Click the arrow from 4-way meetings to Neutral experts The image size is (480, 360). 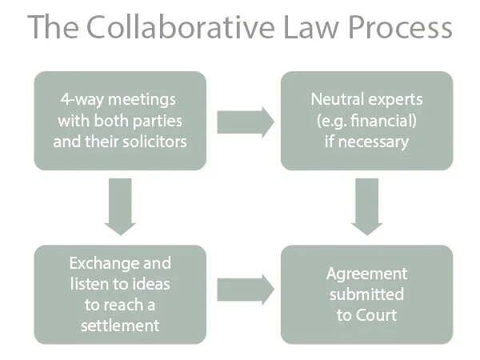[245, 122]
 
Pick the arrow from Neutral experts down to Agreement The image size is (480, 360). [367, 206]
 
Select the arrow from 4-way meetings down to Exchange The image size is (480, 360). [121, 206]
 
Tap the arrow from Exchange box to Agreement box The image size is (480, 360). [245, 290]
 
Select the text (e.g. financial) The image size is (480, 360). [366, 122]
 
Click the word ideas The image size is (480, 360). [150, 284]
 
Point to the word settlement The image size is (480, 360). [120, 325]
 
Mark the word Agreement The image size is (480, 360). [366, 274]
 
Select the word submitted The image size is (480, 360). [366, 294]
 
